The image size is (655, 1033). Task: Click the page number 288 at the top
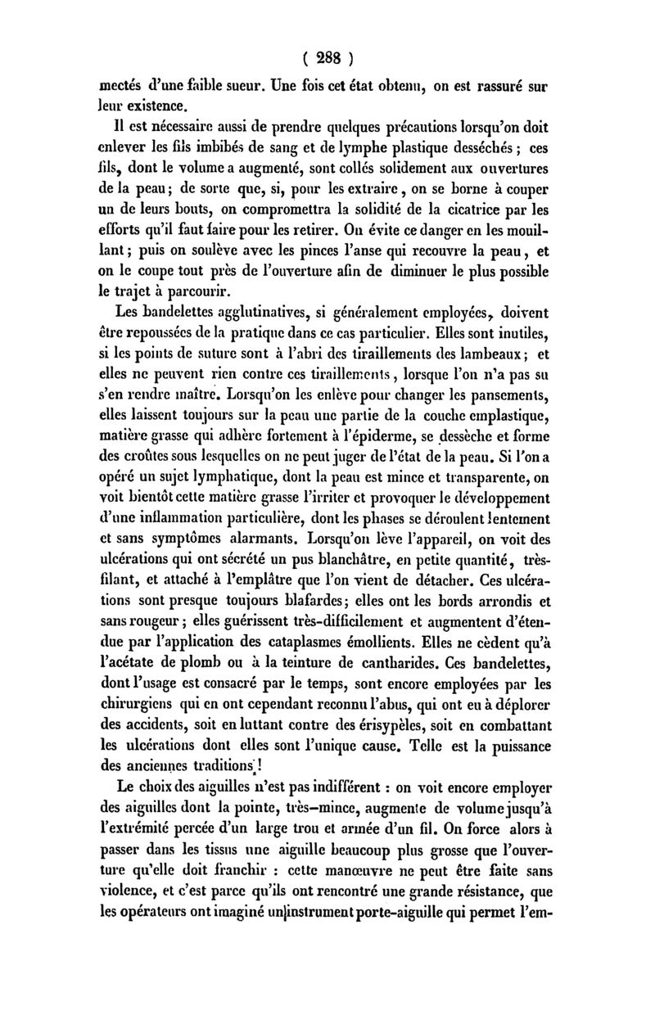pyautogui.click(x=327, y=60)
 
